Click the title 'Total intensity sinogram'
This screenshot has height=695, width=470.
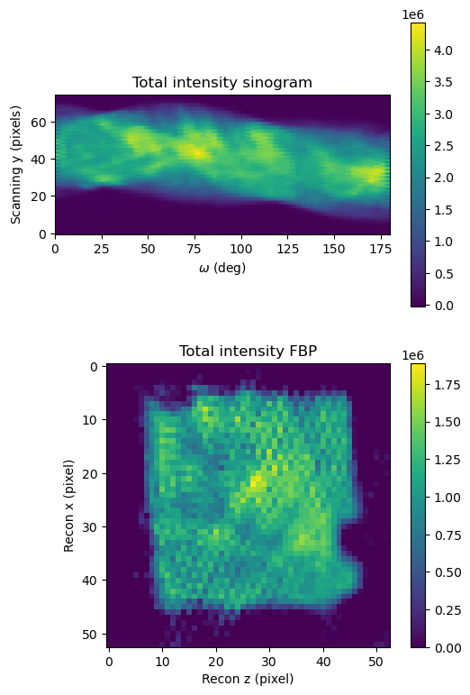pos(222,82)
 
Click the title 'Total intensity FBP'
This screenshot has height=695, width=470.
pos(248,351)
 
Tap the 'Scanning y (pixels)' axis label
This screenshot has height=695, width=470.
pos(16,164)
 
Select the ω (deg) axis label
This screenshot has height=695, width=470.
pos(222,268)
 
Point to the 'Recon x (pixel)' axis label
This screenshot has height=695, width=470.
pos(68,506)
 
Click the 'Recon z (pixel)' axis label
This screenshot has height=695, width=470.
pos(248,679)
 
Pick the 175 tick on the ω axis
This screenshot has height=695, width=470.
pos(380,249)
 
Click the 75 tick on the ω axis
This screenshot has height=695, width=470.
pos(194,249)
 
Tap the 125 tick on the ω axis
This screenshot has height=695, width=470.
pos(287,249)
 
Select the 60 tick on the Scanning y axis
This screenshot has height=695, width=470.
pos(38,123)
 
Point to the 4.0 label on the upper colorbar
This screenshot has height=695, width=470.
pos(443,50)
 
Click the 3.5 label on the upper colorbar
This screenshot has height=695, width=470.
pos(443,82)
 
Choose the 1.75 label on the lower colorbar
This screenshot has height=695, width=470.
pos(447,385)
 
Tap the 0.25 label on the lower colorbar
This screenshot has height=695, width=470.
pos(447,610)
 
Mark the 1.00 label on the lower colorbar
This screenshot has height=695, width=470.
pos(447,498)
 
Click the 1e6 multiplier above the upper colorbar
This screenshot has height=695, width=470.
pos(413,14)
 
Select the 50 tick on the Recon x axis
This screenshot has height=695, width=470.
pos(89,635)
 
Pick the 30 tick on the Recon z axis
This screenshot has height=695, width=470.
pos(268,662)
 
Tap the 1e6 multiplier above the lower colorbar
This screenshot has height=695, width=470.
pos(413,355)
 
